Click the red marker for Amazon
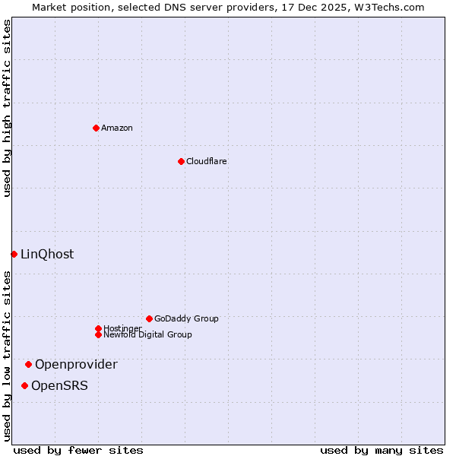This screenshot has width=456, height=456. (96, 128)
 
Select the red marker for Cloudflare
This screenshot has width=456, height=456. (181, 161)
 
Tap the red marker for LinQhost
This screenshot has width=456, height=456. (14, 254)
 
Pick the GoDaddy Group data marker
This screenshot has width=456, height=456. (149, 318)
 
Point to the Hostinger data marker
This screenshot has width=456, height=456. (98, 328)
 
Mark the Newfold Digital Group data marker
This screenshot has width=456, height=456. (98, 334)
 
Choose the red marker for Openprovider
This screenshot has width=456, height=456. (28, 364)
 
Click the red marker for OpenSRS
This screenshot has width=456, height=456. (24, 385)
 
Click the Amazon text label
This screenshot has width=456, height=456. (117, 128)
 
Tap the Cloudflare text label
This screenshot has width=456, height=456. (207, 161)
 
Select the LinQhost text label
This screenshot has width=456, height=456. (47, 254)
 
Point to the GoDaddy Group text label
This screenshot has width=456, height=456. (186, 318)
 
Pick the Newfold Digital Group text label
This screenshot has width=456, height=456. (148, 334)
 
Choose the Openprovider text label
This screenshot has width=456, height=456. (76, 364)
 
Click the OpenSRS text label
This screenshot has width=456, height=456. (59, 385)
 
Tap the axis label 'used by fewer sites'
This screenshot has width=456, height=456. (78, 450)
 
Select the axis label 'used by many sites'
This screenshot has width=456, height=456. (382, 450)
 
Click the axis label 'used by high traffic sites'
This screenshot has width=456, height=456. (7, 108)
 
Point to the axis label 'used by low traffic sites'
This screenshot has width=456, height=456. (7, 356)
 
